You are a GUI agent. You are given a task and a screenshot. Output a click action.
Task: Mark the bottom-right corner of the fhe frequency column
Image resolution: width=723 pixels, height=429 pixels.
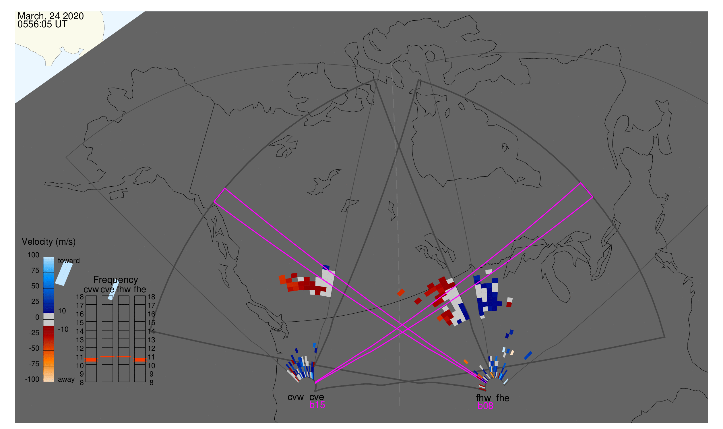(x=146, y=382)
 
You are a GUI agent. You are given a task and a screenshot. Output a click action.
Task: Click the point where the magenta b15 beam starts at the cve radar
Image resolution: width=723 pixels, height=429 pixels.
(x=315, y=383)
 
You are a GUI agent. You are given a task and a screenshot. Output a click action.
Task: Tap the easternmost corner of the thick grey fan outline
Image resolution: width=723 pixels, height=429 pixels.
(x=665, y=337)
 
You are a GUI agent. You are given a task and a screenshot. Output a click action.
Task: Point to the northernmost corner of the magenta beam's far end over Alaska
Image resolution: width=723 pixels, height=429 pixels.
(x=225, y=188)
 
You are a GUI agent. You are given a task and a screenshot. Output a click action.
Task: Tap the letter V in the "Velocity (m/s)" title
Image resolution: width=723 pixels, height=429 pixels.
(x=25, y=242)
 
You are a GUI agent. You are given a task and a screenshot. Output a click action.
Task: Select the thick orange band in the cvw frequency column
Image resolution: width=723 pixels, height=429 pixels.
(x=91, y=360)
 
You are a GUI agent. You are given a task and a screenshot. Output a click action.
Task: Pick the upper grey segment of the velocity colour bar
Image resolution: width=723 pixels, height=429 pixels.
(x=49, y=316)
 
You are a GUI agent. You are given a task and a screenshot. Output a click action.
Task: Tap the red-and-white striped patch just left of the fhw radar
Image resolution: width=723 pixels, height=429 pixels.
(x=482, y=387)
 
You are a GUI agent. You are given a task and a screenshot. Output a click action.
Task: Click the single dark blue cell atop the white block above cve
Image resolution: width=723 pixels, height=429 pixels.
(x=326, y=267)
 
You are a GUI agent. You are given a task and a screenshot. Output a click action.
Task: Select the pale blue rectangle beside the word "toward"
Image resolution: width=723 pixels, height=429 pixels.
(x=64, y=274)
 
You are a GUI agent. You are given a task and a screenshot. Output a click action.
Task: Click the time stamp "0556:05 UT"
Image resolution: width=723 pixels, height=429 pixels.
(x=42, y=24)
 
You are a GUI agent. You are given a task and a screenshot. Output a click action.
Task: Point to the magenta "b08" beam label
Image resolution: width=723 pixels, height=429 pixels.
(x=485, y=406)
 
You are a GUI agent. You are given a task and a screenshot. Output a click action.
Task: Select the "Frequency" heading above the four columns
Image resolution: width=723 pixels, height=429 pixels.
(x=116, y=280)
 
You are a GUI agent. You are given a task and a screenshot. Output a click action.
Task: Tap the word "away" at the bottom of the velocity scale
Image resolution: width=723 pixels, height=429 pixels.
(x=66, y=380)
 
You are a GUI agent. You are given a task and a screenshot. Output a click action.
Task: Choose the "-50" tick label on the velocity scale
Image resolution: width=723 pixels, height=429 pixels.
(x=34, y=348)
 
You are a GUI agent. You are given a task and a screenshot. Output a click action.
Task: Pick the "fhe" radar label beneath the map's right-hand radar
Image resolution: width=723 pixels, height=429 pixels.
(x=503, y=398)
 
